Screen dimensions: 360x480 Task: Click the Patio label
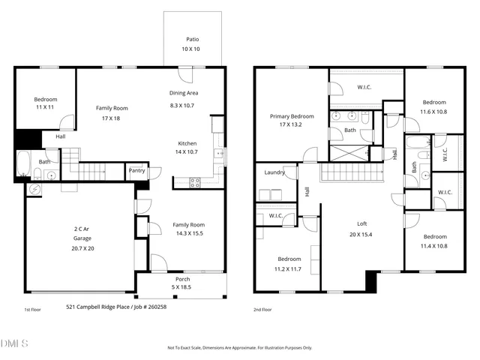pyautogui.click(x=193, y=39)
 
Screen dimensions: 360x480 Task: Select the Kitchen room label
pyautogui.click(x=187, y=144)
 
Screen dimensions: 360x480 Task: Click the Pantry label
pyautogui.click(x=136, y=171)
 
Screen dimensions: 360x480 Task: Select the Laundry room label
pyautogui.click(x=274, y=172)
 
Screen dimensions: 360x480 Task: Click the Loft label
pyautogui.click(x=361, y=223)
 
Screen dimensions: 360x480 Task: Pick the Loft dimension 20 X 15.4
pyautogui.click(x=361, y=234)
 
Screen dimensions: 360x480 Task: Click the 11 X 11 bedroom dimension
pyautogui.click(x=45, y=108)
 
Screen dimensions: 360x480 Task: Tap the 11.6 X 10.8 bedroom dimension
pyautogui.click(x=433, y=112)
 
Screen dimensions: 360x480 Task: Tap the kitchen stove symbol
pyautogui.click(x=194, y=181)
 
